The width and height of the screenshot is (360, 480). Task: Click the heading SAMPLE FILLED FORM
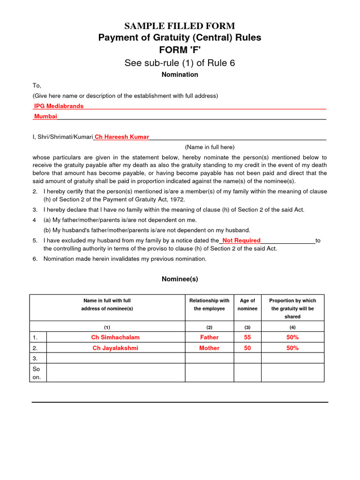[x=180, y=26]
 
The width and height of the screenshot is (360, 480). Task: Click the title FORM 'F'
[x=180, y=50]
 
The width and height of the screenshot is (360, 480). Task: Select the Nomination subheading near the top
[x=180, y=75]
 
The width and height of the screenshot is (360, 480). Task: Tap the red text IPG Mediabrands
[x=59, y=106]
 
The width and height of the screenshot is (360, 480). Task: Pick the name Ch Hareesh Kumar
[x=122, y=137]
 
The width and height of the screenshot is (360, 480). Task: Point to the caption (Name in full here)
[x=210, y=147]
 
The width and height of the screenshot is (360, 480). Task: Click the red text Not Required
[x=241, y=240]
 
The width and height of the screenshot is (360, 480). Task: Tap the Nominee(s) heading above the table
[x=180, y=279]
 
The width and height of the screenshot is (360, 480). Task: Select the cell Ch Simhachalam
[x=115, y=337]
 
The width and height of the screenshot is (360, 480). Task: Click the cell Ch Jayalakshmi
[x=115, y=348]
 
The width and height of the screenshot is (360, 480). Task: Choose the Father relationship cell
[x=209, y=337]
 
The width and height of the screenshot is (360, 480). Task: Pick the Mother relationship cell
[x=209, y=348]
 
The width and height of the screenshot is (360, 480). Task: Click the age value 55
[x=247, y=337]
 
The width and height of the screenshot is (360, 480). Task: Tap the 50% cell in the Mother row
[x=292, y=348]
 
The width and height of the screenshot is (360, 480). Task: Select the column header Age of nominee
[x=247, y=305]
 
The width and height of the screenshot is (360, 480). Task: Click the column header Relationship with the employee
[x=209, y=305]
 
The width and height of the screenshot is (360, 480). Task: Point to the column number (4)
[x=292, y=327]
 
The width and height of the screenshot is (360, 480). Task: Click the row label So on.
[x=37, y=373]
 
